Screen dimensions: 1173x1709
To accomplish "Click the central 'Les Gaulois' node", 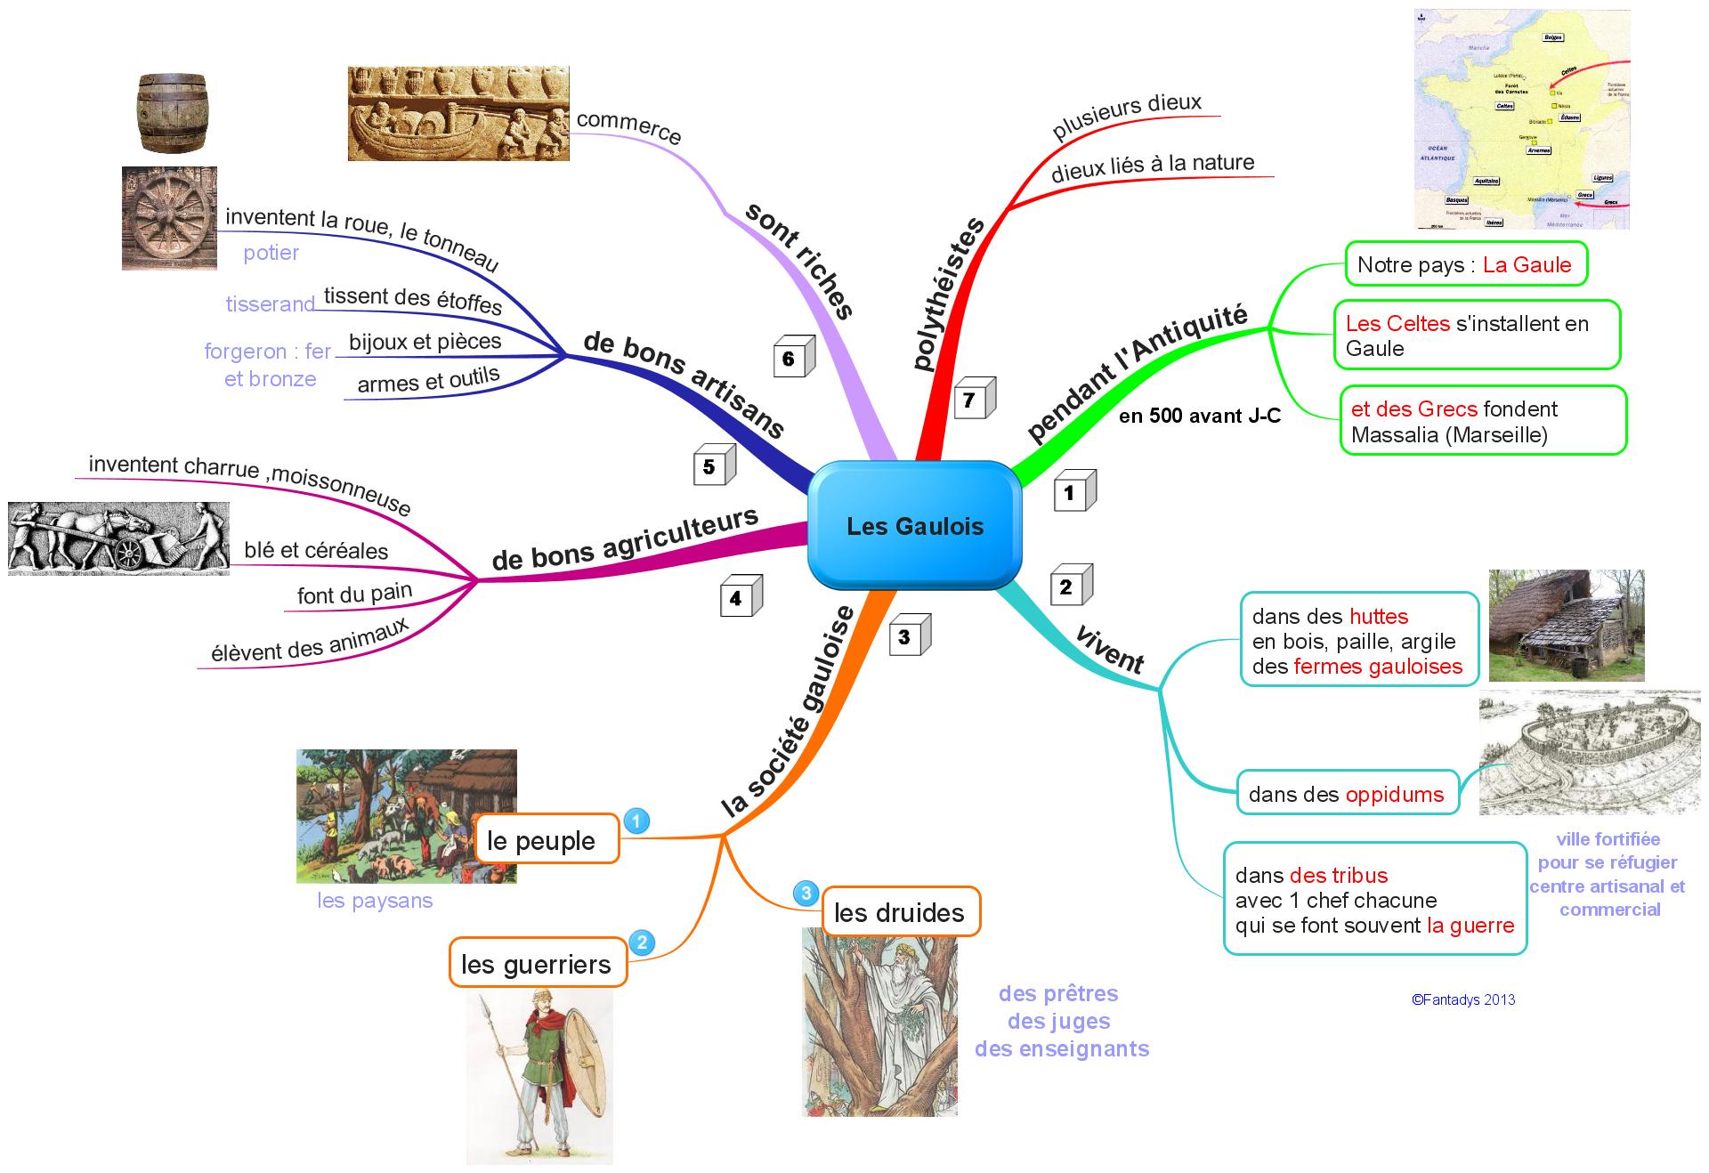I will tap(914, 526).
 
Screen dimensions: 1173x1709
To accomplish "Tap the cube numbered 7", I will tap(973, 400).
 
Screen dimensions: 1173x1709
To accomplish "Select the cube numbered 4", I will tap(740, 597).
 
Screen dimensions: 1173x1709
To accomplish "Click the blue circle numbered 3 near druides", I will tap(806, 893).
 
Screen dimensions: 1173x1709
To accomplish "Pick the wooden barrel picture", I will tap(173, 113).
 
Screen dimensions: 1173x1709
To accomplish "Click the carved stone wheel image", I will tap(169, 218).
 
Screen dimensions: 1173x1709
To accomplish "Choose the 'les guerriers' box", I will tap(538, 963).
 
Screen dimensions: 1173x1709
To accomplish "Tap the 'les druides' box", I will tap(900, 912).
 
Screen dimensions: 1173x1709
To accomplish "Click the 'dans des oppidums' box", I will tap(1347, 794).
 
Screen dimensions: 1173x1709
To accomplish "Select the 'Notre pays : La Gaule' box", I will tap(1465, 264).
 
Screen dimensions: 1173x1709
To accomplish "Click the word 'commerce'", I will tap(628, 127).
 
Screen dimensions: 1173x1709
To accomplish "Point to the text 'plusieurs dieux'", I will tap(1127, 116).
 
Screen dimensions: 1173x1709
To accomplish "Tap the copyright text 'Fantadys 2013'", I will tap(1463, 999).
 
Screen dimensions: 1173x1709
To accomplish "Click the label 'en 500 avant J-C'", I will tap(1199, 416).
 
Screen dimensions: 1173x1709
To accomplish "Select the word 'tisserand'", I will tap(271, 304).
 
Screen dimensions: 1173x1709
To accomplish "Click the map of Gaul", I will tap(1522, 119).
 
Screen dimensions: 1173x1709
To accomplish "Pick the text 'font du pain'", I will tap(354, 594).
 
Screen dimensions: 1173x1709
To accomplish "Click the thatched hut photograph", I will tap(1566, 626).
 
